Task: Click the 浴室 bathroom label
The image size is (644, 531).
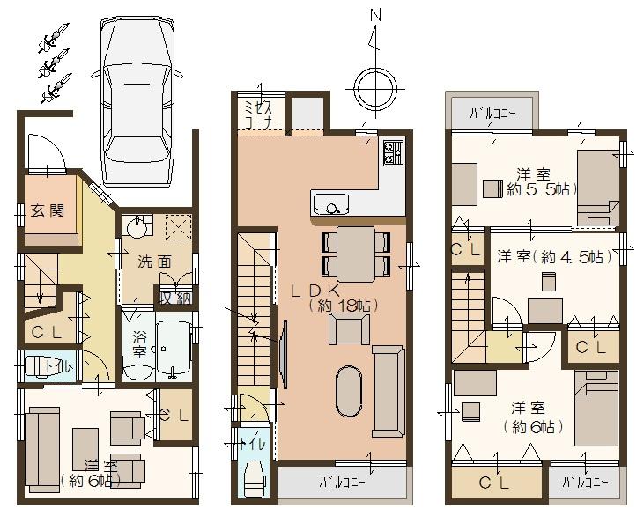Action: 139,344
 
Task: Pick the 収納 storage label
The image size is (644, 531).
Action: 174,299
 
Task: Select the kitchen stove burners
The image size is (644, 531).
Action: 392,155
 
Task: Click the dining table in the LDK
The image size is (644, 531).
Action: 357,254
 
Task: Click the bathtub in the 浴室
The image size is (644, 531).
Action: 174,350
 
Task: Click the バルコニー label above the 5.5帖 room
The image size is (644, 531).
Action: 492,113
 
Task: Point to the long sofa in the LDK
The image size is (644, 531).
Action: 389,391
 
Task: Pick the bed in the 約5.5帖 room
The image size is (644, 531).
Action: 598,186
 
